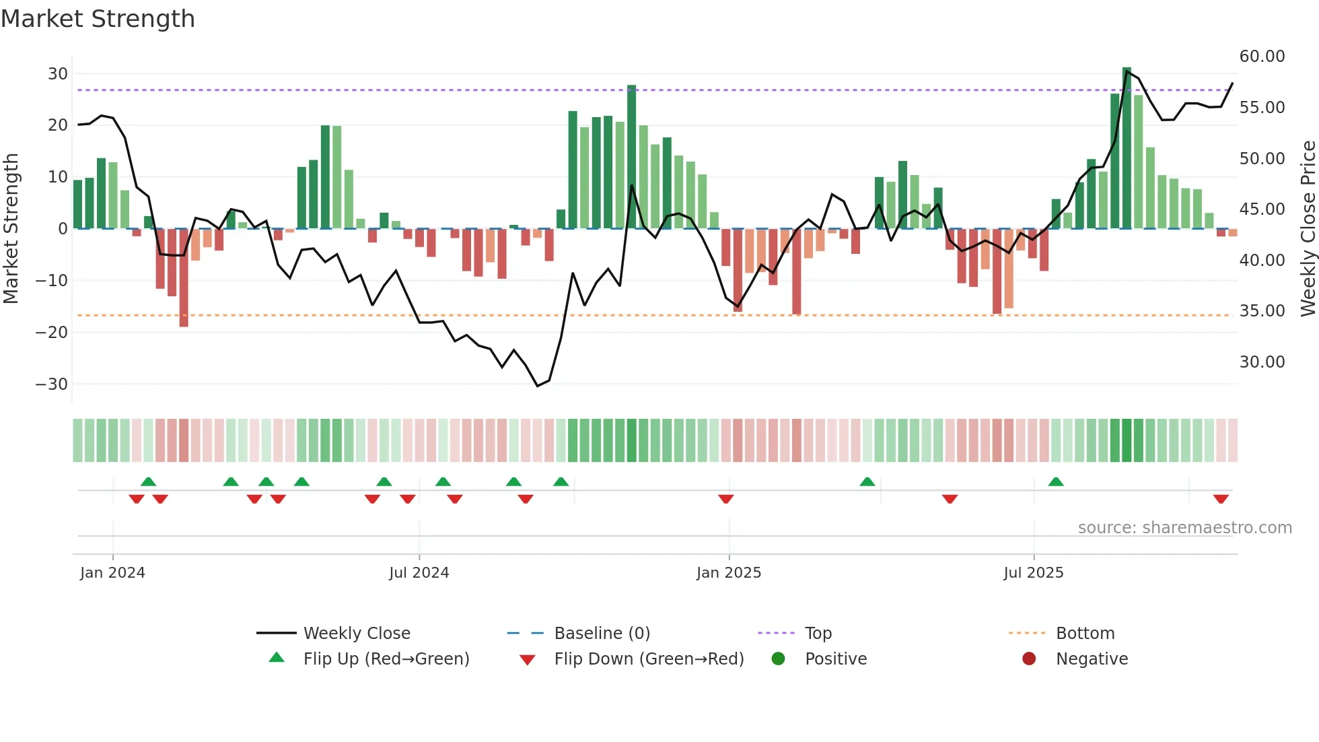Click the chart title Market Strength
click(x=98, y=19)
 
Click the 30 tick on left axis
click(x=58, y=74)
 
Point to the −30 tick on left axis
click(x=52, y=384)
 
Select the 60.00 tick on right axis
click(x=1262, y=57)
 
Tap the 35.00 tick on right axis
click(x=1262, y=311)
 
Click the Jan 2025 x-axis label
click(x=729, y=573)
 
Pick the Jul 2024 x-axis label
click(x=419, y=573)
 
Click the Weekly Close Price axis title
click(x=1308, y=229)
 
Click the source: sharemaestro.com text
click(x=1184, y=528)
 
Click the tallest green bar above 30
click(x=1127, y=148)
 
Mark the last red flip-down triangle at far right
click(x=1221, y=499)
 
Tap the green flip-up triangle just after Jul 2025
click(x=1056, y=481)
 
